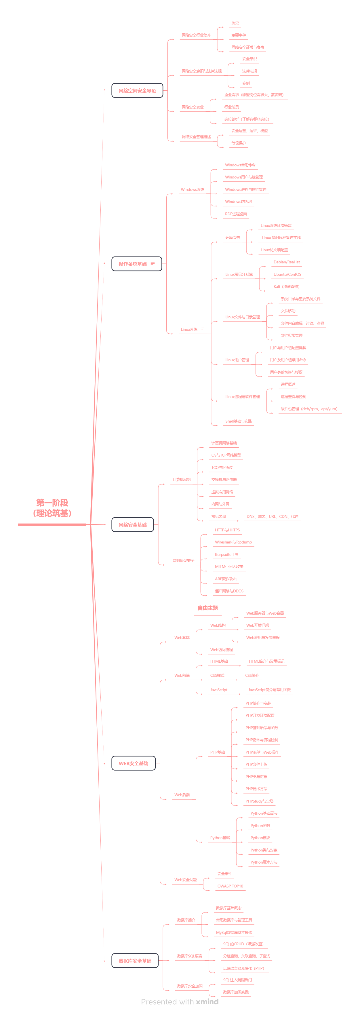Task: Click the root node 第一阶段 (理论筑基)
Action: [52, 508]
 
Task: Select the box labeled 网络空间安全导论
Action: [137, 91]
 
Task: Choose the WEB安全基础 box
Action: [133, 763]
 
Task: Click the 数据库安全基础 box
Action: [135, 961]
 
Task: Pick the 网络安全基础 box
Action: [133, 524]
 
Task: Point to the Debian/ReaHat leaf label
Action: [286, 262]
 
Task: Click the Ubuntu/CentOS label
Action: [287, 274]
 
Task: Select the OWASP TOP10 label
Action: [230, 886]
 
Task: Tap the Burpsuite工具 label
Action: [226, 554]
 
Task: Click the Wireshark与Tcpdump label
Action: [233, 542]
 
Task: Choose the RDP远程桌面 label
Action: [236, 214]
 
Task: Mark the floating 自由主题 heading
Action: [207, 608]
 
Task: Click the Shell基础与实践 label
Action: [238, 421]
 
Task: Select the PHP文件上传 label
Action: [256, 764]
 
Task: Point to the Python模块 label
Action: [260, 838]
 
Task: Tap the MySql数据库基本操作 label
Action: [234, 932]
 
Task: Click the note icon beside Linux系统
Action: [203, 329]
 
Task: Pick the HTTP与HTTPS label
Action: [227, 530]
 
